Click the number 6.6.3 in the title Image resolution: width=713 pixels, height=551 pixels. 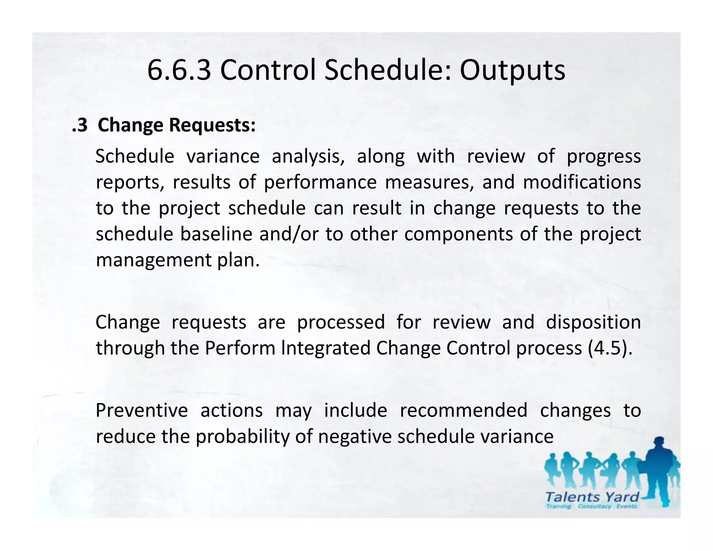point(179,70)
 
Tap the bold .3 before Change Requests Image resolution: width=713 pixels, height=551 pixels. point(80,125)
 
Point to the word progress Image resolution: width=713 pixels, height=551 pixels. point(604,156)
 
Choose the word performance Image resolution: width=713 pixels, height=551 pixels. point(320,182)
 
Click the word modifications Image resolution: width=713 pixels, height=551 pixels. point(582,182)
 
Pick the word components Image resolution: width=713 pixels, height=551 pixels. point(459,234)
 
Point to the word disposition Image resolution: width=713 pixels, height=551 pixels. point(593,322)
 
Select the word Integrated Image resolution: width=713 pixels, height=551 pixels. point(326,348)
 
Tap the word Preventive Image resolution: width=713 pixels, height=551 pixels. point(142,410)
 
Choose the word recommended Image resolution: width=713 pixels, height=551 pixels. point(463,410)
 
